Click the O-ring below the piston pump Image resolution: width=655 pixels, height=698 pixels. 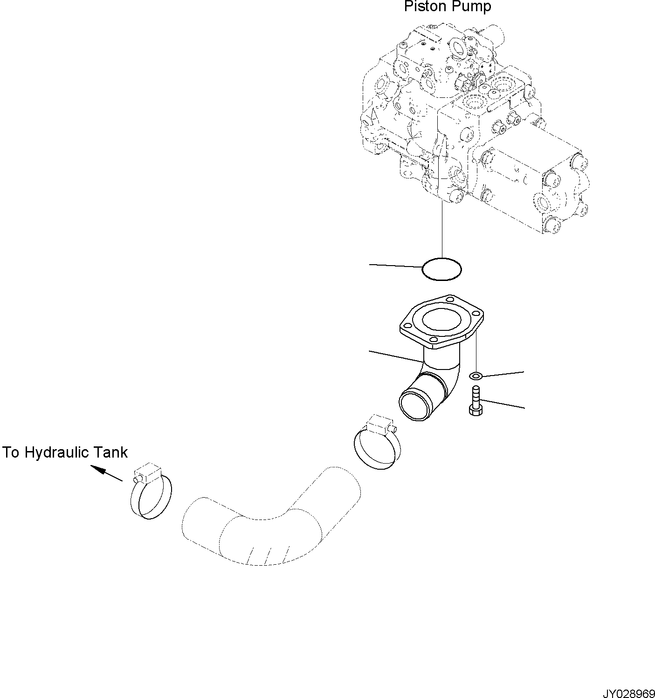(x=441, y=269)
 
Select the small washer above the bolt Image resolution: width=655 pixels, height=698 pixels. (x=475, y=376)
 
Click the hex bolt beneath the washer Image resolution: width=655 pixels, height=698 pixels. (x=475, y=401)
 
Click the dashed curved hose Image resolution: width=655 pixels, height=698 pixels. (x=270, y=522)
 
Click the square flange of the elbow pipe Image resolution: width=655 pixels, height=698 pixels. (x=441, y=322)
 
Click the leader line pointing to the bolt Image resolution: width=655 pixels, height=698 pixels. (x=503, y=404)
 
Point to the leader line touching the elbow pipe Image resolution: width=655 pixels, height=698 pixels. (x=396, y=356)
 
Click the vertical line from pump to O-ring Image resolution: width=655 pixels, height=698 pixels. (x=441, y=231)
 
